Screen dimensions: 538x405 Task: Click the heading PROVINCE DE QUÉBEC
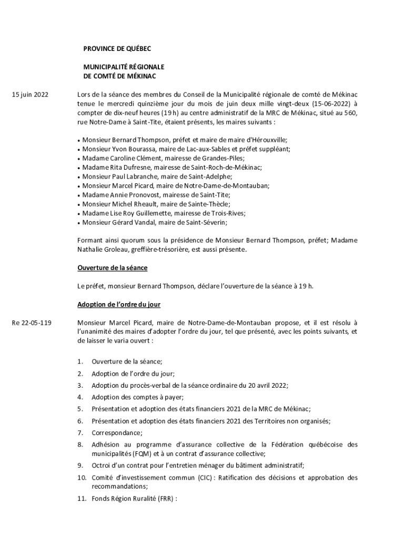[x=117, y=49]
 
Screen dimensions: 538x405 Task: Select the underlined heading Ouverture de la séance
[x=112, y=268]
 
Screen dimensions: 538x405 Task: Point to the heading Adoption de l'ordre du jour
[x=118, y=304]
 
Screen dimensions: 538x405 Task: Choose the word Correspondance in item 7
[x=116, y=432]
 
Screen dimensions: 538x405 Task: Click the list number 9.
[x=80, y=465]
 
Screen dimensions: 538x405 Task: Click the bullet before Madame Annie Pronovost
[x=79, y=195]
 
